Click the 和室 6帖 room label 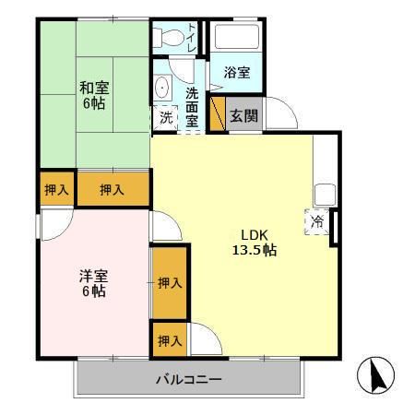(92, 95)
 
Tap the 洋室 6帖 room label (91, 283)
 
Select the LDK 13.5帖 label (255, 242)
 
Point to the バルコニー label (188, 379)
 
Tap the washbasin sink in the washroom (162, 89)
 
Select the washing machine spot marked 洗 (166, 117)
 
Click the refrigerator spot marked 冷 (317, 221)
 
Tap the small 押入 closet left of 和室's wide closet (56, 190)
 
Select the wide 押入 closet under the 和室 (113, 190)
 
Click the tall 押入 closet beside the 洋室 (169, 283)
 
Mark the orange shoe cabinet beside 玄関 (218, 114)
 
